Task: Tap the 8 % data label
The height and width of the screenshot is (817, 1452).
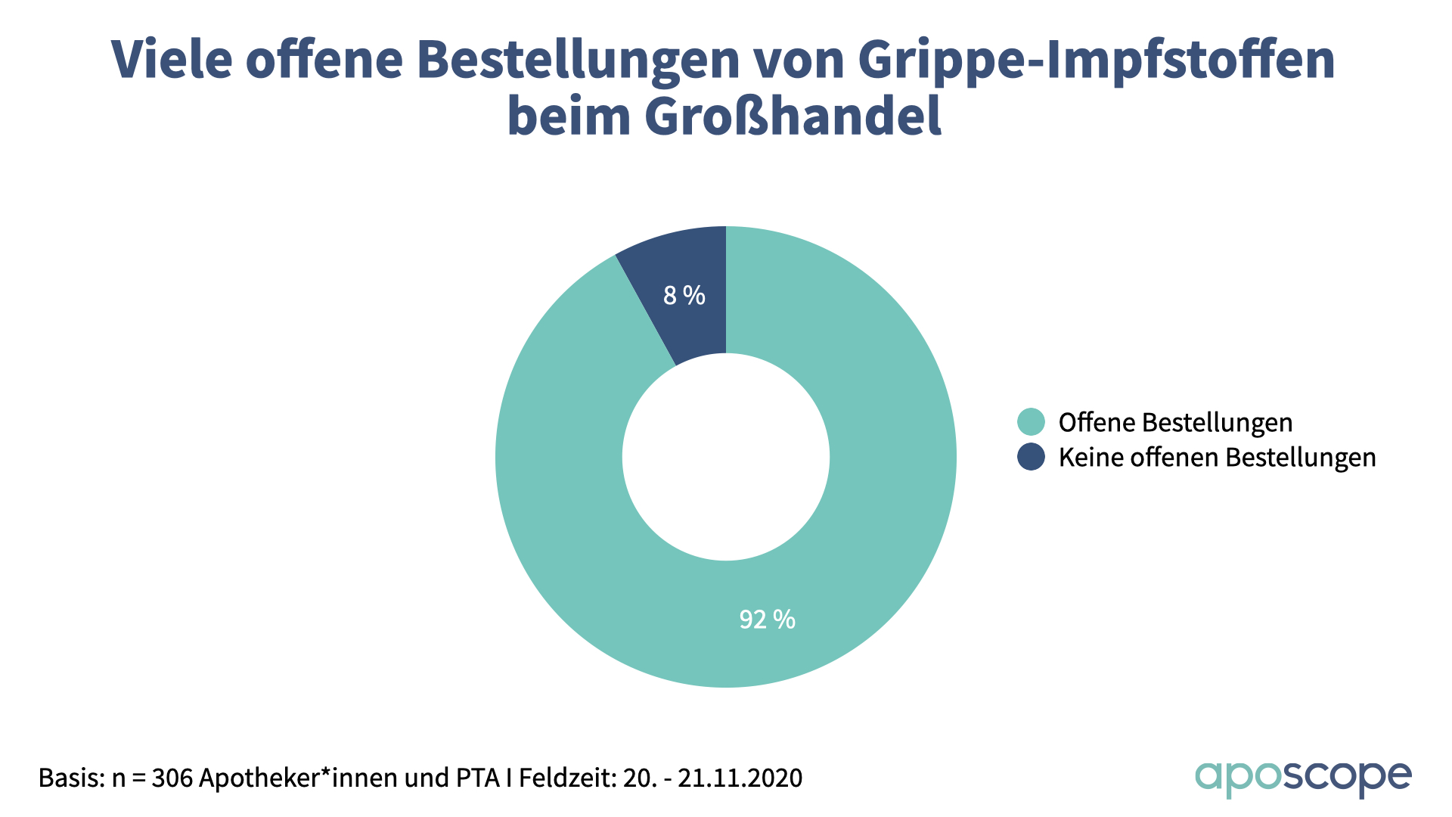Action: point(684,295)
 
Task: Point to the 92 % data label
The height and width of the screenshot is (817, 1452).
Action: point(767,620)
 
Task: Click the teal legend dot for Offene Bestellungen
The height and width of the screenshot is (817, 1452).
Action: point(1031,422)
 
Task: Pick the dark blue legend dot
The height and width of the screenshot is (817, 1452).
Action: point(1031,457)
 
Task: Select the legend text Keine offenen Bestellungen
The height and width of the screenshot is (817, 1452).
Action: point(1217,457)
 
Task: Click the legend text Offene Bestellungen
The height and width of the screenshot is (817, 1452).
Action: point(1175,422)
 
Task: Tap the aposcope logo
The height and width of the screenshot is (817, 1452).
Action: point(1302,778)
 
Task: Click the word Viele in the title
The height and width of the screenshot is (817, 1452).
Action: point(172,59)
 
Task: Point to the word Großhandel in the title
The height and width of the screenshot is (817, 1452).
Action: point(793,116)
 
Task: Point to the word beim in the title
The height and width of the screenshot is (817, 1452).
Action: point(569,116)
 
